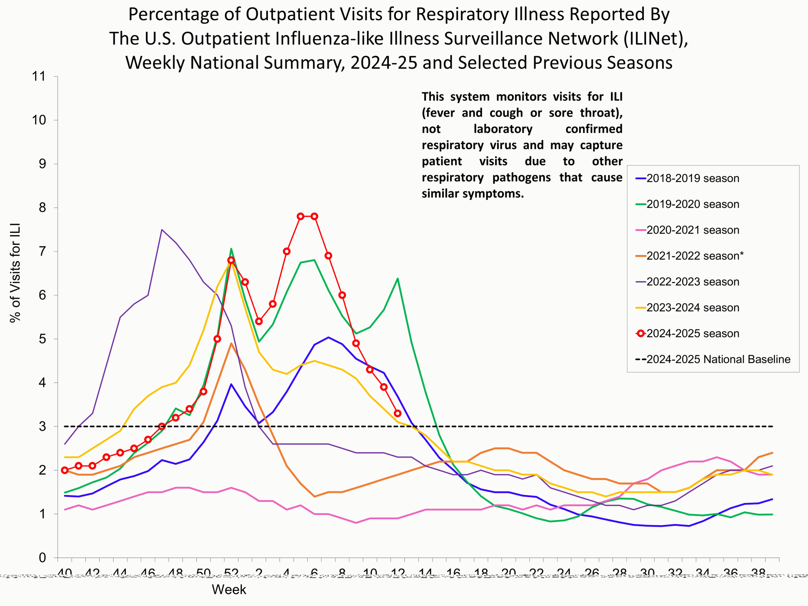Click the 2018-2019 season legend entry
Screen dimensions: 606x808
tap(692, 178)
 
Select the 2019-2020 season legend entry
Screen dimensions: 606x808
tap(692, 204)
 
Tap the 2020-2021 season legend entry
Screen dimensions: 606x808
tap(692, 230)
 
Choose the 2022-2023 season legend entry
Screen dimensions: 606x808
tap(692, 282)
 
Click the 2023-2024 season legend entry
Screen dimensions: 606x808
tap(692, 307)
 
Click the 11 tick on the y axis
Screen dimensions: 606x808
tap(39, 76)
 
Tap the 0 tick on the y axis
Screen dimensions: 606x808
tap(42, 558)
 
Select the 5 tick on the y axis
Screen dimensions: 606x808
tap(42, 339)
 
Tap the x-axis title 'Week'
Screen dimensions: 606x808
tap(229, 590)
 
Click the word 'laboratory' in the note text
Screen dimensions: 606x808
tap(503, 129)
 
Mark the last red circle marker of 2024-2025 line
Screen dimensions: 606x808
tap(398, 413)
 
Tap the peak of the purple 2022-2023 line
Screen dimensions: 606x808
tap(162, 230)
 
